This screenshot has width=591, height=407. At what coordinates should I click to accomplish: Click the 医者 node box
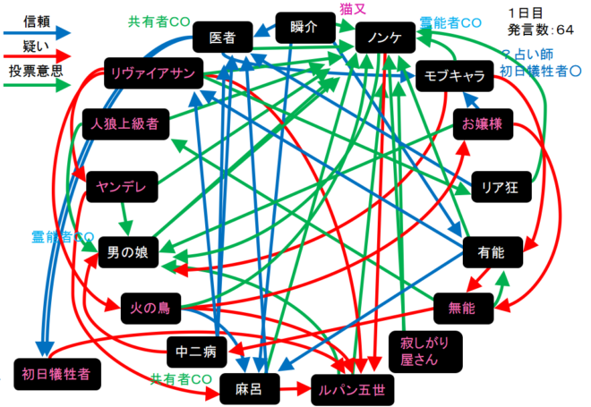[222, 38]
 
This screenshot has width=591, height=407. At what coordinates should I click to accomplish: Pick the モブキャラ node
[455, 78]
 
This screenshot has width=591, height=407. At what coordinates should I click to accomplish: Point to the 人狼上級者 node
[124, 123]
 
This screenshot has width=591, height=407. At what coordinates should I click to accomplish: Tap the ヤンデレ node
[122, 186]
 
